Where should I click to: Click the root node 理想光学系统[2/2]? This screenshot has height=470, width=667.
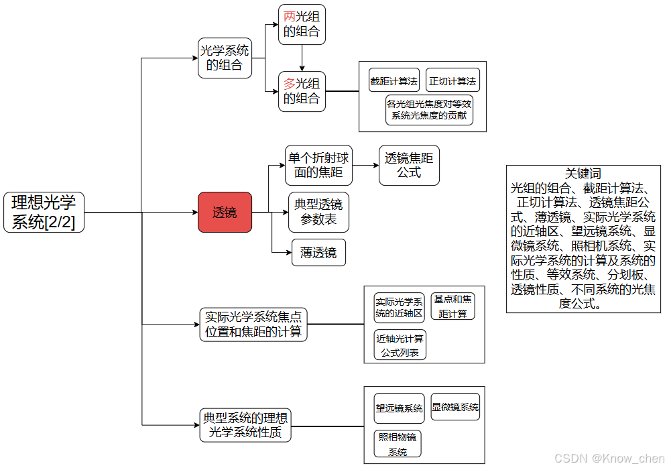[x=44, y=213]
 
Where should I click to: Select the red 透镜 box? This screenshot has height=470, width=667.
[x=225, y=213]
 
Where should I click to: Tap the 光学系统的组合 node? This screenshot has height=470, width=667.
[x=225, y=58]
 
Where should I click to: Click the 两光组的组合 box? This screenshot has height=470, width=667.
[x=302, y=24]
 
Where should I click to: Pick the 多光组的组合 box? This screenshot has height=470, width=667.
[x=302, y=91]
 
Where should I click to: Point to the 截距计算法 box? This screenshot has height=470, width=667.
[x=393, y=81]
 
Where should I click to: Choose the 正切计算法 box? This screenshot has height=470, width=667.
[x=452, y=81]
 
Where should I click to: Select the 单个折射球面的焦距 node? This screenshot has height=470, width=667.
[x=318, y=166]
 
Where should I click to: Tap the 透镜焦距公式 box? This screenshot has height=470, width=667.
[x=409, y=166]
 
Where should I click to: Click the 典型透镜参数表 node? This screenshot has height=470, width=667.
[x=319, y=212]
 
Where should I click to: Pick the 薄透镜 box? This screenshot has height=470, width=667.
[x=318, y=253]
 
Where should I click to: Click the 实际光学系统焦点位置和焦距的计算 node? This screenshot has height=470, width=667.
[x=253, y=325]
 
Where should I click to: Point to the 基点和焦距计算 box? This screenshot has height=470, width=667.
[x=452, y=306]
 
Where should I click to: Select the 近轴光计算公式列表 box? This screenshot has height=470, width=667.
[x=400, y=345]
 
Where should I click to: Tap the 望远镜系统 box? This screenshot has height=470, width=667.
[x=399, y=408]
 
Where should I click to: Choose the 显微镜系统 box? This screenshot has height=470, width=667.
[x=455, y=407]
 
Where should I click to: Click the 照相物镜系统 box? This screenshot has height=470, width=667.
[x=398, y=444]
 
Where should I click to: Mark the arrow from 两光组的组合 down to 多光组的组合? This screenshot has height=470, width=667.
[x=302, y=58]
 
